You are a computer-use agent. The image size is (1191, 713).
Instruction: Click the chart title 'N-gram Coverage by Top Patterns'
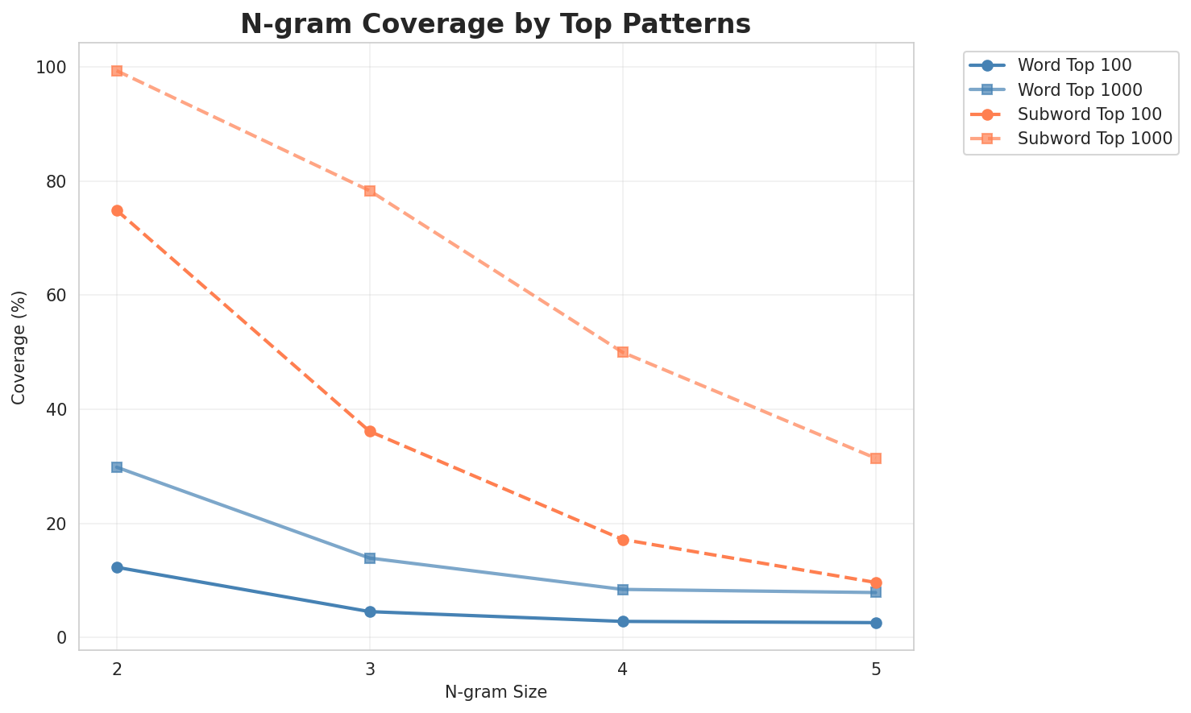[496, 24]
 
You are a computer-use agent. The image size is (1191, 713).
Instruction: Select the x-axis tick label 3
[370, 668]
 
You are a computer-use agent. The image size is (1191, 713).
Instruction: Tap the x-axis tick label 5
[876, 668]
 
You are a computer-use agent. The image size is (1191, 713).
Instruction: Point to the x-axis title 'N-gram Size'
[496, 692]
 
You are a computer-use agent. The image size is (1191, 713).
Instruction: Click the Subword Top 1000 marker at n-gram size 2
[117, 71]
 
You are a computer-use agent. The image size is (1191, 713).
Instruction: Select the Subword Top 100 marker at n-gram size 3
[370, 432]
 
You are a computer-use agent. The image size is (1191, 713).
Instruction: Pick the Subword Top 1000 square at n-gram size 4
[623, 352]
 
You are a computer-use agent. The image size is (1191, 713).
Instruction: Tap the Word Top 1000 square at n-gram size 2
[117, 467]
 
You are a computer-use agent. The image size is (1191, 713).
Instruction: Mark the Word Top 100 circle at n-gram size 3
[370, 611]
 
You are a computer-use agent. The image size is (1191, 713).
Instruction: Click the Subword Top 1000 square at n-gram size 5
[876, 458]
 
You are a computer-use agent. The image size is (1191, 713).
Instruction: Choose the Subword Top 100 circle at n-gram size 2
[117, 210]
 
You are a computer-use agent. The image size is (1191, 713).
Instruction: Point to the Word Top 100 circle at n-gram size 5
[876, 623]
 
